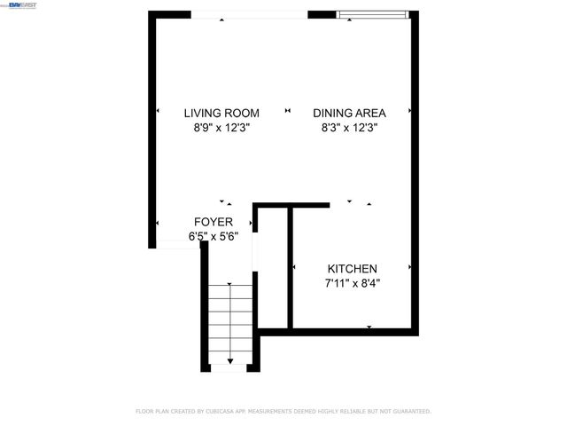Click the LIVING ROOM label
tap(221, 113)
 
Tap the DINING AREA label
tap(349, 113)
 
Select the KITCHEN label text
tap(353, 269)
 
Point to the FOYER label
tap(214, 222)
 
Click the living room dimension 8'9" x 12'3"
tap(221, 128)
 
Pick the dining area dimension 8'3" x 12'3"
tap(349, 128)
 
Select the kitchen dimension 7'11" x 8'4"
tap(353, 284)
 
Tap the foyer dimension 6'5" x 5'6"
tap(214, 236)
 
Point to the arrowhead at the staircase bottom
tap(230, 360)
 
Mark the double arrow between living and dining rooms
tap(287, 112)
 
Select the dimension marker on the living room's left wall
tap(158, 112)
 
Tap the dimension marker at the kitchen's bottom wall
tap(369, 327)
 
